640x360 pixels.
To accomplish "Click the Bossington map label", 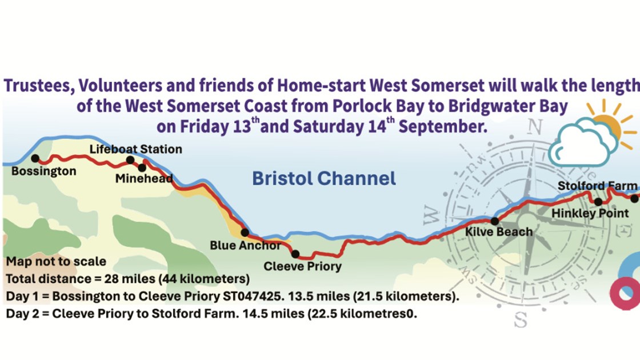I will (44, 171).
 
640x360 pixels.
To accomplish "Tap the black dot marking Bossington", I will (35, 158).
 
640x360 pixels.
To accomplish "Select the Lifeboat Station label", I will (136, 149).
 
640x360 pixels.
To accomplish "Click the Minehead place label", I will (144, 179).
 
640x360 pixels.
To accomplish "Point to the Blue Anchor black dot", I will (245, 233).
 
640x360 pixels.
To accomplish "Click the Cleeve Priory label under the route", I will (302, 266).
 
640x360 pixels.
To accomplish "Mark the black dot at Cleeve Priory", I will (295, 254).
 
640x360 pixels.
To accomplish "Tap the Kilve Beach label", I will (499, 232).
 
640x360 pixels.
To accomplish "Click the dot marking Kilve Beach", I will (494, 221).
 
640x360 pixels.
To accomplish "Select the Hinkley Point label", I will (590, 214).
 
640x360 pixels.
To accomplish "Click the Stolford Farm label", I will (597, 186).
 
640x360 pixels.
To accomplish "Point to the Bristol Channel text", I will (324, 178).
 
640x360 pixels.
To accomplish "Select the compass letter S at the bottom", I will (520, 320).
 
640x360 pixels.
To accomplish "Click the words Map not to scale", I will (56, 262).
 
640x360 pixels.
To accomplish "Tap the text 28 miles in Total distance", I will (120, 279).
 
